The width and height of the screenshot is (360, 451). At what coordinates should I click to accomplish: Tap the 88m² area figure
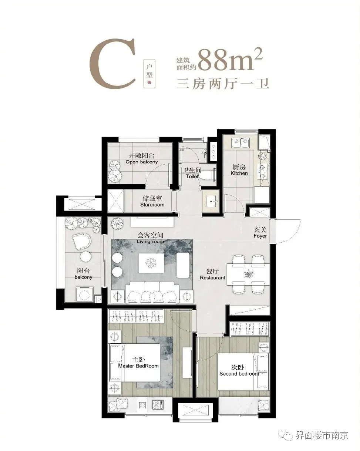point(230,60)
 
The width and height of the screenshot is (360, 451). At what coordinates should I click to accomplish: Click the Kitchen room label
point(239,170)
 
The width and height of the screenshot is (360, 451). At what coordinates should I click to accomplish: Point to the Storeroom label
point(152,201)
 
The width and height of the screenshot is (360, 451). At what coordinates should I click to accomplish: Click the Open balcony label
point(142,159)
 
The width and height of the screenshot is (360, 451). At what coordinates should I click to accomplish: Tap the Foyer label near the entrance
point(260,233)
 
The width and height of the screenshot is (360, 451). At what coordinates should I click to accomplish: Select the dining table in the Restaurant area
point(248,274)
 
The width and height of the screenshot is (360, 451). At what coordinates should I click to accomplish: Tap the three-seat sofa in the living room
point(152,292)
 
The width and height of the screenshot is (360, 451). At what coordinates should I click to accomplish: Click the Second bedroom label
point(239,370)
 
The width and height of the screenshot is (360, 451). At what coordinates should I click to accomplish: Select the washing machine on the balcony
point(84,294)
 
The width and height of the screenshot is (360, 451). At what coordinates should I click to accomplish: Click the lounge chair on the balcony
point(81,241)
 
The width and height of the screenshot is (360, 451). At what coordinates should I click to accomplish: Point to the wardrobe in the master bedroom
point(136,316)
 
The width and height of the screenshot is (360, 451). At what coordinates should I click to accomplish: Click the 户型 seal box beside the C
point(149,74)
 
